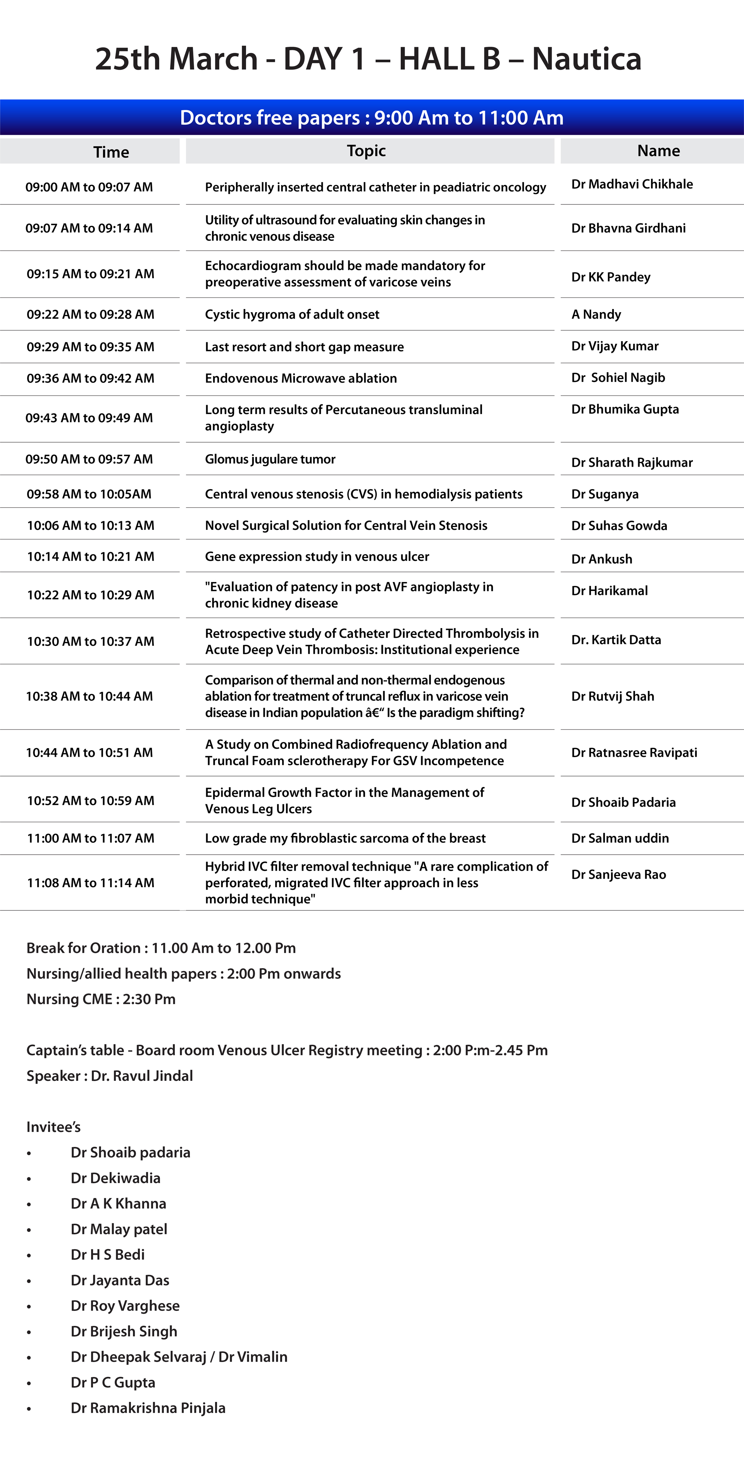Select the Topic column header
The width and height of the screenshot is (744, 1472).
pyautogui.click(x=366, y=151)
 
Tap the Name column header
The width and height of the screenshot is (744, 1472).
pyautogui.click(x=658, y=151)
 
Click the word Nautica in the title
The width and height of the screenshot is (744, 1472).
pyautogui.click(x=586, y=59)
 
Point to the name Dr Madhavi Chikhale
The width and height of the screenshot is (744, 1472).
pyautogui.click(x=632, y=184)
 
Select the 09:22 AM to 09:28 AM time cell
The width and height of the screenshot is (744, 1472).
pyautogui.click(x=90, y=314)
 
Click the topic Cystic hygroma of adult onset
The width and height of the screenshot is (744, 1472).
pyautogui.click(x=292, y=314)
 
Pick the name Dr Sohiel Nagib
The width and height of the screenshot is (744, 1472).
pyautogui.click(x=618, y=378)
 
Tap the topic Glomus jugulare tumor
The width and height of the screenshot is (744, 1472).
pyautogui.click(x=270, y=459)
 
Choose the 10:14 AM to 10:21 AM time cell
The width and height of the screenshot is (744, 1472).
pyautogui.click(x=90, y=557)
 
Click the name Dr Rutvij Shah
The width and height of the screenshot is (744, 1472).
pyautogui.click(x=613, y=696)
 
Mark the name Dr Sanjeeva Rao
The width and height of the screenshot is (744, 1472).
pyautogui.click(x=619, y=874)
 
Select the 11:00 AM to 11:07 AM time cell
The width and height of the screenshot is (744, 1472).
pyautogui.click(x=90, y=838)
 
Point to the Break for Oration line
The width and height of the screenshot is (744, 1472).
pyautogui.click(x=161, y=948)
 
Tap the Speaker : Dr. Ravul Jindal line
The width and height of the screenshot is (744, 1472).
pyautogui.click(x=109, y=1075)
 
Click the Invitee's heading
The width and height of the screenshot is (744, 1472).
pyautogui.click(x=53, y=1127)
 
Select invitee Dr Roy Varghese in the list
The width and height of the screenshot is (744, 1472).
pyautogui.click(x=125, y=1306)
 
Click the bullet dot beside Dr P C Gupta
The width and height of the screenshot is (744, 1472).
pyautogui.click(x=29, y=1383)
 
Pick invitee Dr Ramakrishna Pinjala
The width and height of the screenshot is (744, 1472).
pyautogui.click(x=148, y=1408)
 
